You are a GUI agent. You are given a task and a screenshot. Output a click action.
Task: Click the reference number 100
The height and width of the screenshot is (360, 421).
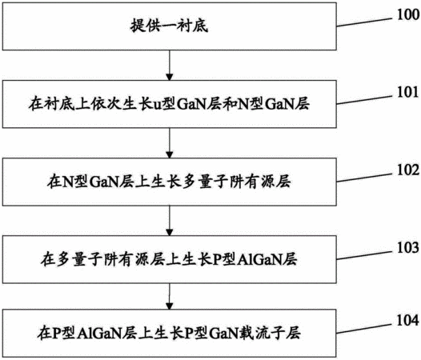[408, 14]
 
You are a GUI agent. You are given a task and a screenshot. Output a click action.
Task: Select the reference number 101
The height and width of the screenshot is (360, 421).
[408, 92]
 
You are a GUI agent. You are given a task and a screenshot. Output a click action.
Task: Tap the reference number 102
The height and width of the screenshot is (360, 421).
[408, 170]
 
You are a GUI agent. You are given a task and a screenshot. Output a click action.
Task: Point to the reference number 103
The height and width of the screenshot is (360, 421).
[408, 247]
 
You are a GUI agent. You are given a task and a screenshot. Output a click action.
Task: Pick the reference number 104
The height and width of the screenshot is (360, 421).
[408, 320]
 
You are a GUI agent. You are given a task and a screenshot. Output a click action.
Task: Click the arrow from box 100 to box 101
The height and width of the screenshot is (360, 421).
[170, 66]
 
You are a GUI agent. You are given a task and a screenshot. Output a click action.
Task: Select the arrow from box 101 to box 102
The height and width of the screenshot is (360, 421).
[170, 143]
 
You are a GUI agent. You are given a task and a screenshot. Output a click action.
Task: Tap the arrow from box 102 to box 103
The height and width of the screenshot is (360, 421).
[170, 221]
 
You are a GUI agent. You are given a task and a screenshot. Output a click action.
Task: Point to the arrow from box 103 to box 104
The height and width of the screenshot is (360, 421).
[170, 296]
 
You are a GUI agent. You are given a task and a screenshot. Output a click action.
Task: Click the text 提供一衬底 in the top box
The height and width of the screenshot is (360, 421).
[169, 26]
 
